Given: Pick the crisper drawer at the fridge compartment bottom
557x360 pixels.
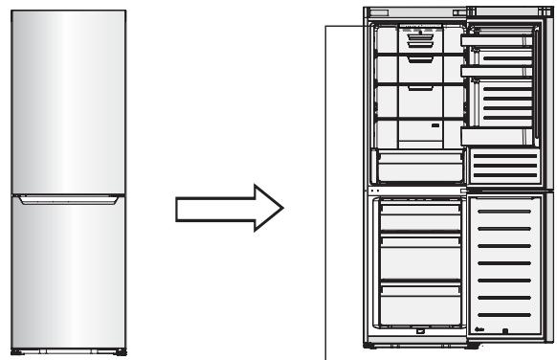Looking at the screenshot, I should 413,165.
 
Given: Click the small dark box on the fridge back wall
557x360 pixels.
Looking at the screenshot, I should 434,124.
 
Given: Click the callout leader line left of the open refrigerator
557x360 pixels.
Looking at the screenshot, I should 329,191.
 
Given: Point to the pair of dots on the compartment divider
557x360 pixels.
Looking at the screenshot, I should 375,190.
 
